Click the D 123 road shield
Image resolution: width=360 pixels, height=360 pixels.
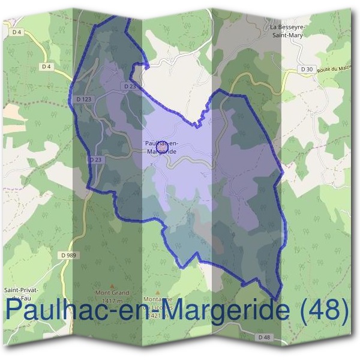click(x=83, y=99)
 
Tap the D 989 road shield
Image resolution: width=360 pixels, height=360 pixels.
click(x=69, y=256)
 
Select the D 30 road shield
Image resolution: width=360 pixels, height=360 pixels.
click(x=306, y=70)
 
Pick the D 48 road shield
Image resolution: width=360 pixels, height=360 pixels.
click(x=265, y=338)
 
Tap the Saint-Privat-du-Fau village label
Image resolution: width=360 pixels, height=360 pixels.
click(x=21, y=293)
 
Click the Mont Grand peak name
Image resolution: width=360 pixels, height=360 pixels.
click(x=112, y=293)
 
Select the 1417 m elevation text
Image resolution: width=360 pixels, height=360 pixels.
click(x=112, y=301)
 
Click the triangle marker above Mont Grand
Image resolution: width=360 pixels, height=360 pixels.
click(x=112, y=285)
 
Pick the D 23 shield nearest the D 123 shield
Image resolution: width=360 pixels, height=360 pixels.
click(x=130, y=86)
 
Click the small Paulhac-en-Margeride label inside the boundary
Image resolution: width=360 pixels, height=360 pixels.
click(x=161, y=148)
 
